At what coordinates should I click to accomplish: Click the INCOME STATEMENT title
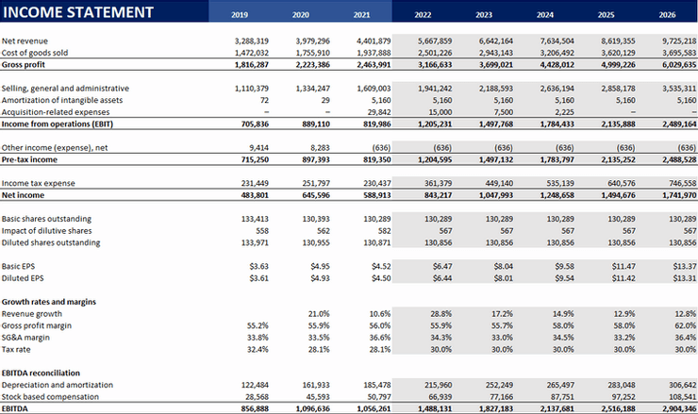[78, 12]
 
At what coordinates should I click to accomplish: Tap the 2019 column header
[241, 15]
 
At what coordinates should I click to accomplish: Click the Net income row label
[25, 194]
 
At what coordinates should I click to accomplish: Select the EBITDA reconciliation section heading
[42, 373]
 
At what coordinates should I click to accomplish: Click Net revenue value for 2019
[252, 41]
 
